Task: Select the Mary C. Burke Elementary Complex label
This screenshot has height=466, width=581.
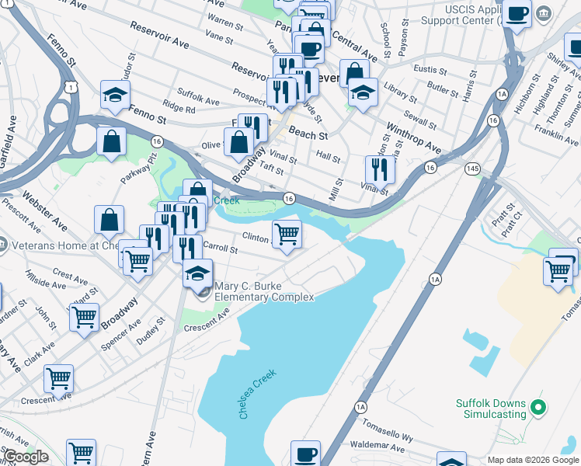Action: pos(264,292)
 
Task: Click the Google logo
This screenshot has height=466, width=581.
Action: pos(26,457)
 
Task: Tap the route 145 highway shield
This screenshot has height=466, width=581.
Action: pos(471,169)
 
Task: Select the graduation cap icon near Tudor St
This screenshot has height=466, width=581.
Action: pos(115,96)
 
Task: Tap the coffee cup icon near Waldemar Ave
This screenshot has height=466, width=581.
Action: pos(305,453)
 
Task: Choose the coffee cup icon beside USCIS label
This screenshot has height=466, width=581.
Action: pos(517,13)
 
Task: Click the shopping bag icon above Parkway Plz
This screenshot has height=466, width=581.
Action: pos(112,141)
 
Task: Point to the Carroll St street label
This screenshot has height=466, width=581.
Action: pos(220,248)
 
